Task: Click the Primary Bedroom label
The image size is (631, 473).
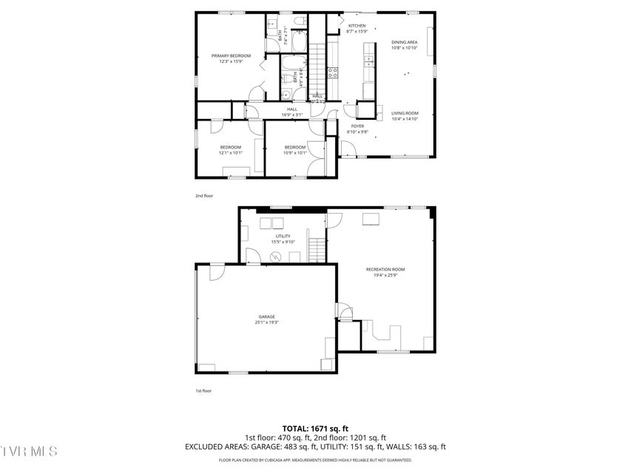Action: (x=231, y=56)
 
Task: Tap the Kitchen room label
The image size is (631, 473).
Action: (x=357, y=26)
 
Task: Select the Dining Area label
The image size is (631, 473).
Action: (x=405, y=43)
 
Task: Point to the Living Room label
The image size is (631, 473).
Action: (x=405, y=113)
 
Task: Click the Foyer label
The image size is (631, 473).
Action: (x=358, y=126)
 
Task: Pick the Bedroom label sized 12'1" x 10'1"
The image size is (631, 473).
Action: (x=230, y=147)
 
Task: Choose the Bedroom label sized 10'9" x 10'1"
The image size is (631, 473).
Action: (x=295, y=147)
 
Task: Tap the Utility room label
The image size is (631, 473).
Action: (x=283, y=236)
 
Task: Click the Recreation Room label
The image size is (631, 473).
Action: (x=385, y=269)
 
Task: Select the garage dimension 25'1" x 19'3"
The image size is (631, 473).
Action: (x=266, y=322)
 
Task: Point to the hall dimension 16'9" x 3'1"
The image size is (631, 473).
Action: (x=291, y=115)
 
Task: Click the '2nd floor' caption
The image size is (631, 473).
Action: (x=203, y=196)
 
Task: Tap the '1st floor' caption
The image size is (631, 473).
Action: (x=203, y=390)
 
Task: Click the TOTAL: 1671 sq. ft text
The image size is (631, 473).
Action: (x=315, y=429)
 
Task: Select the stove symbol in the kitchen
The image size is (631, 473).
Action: (x=333, y=72)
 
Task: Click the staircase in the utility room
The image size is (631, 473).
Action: (x=317, y=251)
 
